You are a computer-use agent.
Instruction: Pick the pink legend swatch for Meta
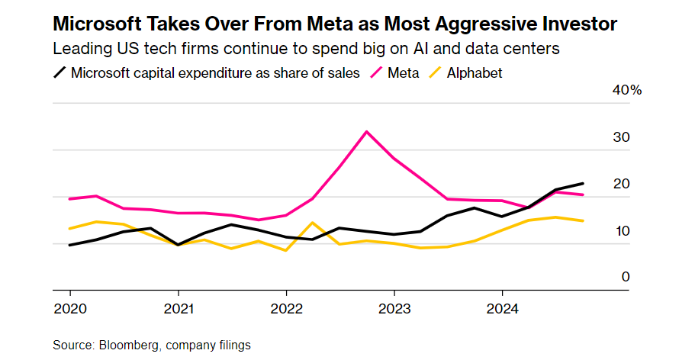[x=375, y=73]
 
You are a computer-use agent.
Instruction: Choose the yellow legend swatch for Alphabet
[x=434, y=73]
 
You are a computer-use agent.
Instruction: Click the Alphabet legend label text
[x=475, y=73]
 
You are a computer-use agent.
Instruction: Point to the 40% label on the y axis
[x=628, y=90]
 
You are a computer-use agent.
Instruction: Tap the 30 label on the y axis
[x=621, y=137]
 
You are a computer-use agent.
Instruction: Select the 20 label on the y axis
[x=621, y=184]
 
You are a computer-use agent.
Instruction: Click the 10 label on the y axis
[x=621, y=231]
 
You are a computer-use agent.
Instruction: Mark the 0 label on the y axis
[x=626, y=277]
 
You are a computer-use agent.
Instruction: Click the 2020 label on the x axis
[x=69, y=309]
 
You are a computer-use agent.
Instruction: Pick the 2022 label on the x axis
[x=285, y=309]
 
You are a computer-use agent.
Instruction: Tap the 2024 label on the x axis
[x=502, y=309]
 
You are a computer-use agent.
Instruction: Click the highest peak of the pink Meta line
[x=367, y=131]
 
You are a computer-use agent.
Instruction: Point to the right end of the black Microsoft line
[x=584, y=183]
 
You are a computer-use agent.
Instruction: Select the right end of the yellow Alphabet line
[x=584, y=220]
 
